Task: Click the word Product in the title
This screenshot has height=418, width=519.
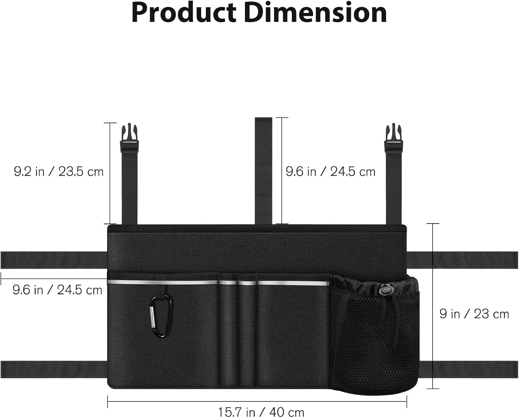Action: [x=184, y=13]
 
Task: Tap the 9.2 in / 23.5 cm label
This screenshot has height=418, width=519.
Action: [x=58, y=172]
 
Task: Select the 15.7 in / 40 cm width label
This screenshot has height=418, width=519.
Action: [x=261, y=412]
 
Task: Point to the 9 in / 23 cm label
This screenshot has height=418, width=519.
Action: [x=474, y=314]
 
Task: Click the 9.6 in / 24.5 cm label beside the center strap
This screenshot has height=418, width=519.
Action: [x=331, y=172]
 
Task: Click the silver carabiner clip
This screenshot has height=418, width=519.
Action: [x=161, y=317]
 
